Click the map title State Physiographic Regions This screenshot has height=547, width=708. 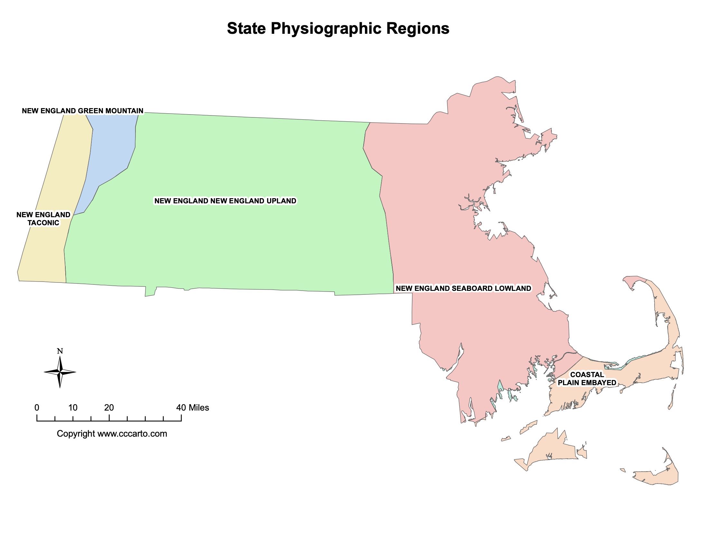[338, 28]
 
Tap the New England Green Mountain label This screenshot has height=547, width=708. [82, 111]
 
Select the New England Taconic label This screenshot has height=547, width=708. [43, 219]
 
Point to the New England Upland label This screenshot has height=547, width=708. [225, 201]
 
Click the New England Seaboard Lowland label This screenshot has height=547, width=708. [463, 288]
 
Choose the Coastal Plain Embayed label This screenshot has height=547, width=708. [587, 378]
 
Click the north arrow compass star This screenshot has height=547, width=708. [60, 372]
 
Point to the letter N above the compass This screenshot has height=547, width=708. [60, 351]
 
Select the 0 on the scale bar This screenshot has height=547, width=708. [37, 408]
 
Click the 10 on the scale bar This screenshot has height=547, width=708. [73, 408]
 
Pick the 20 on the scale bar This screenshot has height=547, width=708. [109, 408]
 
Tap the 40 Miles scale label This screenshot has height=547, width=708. [192, 408]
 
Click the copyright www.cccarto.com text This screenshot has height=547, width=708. [112, 434]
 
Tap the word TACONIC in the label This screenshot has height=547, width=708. [43, 223]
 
